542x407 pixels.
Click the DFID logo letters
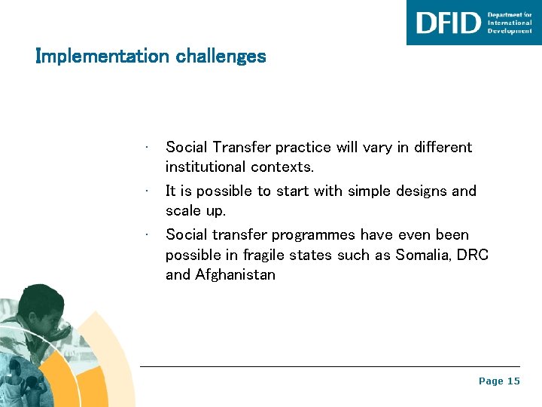pyautogui.click(x=448, y=23)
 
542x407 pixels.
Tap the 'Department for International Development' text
pyautogui.click(x=510, y=23)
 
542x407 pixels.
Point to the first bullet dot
pyautogui.click(x=151, y=147)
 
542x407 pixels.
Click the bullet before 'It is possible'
pyautogui.click(x=151, y=191)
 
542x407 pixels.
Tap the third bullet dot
pyautogui.click(x=151, y=234)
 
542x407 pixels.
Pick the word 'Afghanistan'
pyautogui.click(x=235, y=275)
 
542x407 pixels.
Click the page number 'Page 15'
pyautogui.click(x=499, y=381)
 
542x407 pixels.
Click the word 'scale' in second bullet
pyautogui.click(x=182, y=210)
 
